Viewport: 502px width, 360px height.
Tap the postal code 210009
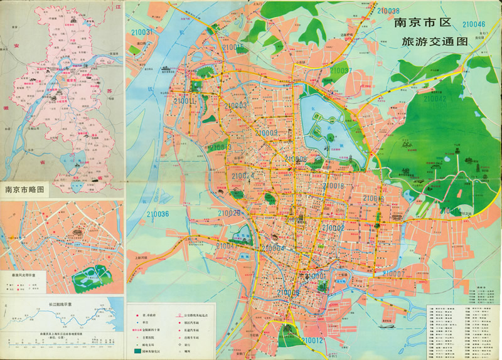click(266, 132)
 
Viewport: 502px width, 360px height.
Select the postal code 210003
click(234, 106)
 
